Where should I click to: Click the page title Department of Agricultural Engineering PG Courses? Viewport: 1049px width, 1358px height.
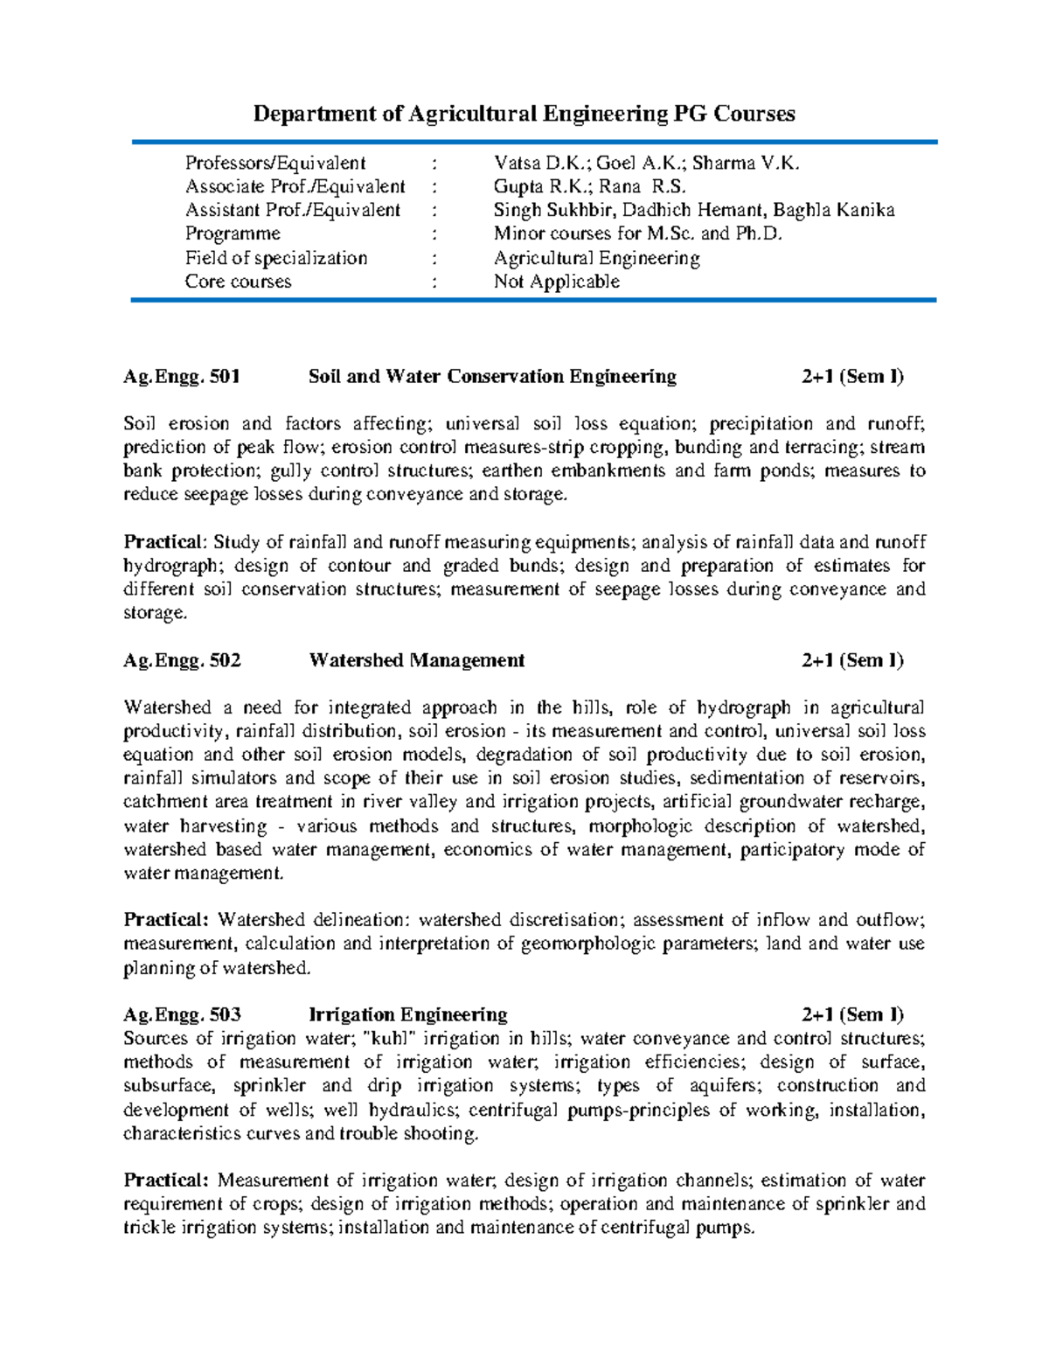(524, 114)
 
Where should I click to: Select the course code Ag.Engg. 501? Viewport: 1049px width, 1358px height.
(182, 377)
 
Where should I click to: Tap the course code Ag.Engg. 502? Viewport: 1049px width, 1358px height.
(182, 660)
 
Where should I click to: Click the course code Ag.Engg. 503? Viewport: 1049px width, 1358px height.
(182, 1014)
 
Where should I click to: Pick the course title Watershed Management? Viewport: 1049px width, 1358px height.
(416, 660)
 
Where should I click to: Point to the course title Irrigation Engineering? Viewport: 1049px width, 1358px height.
(407, 1014)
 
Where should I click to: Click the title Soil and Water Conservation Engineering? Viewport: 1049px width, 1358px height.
(492, 377)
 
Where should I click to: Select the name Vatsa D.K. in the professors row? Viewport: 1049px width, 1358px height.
(542, 163)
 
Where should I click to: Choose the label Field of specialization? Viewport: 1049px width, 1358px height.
(275, 258)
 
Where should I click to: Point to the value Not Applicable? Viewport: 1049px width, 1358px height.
(557, 282)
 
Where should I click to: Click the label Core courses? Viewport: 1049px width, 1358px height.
(238, 282)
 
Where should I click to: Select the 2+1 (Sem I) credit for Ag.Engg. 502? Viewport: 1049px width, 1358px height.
(852, 660)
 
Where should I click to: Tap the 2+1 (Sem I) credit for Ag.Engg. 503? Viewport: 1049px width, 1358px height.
(852, 1014)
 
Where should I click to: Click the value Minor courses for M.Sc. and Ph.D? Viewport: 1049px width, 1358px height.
(638, 233)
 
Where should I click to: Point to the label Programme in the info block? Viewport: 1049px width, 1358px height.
(233, 233)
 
